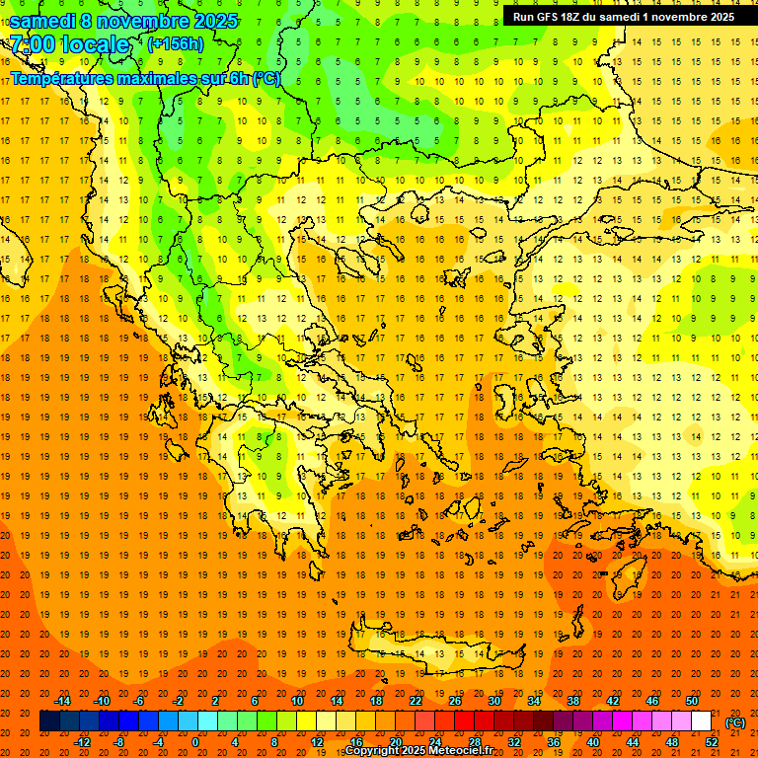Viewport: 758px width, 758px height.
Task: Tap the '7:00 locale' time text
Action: [70, 44]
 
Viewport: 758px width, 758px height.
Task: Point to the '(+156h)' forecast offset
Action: [176, 44]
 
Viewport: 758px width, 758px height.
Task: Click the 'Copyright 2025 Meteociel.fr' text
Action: [418, 751]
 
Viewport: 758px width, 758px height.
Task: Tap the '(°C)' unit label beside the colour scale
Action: [735, 722]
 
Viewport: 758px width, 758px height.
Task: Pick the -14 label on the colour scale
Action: [62, 701]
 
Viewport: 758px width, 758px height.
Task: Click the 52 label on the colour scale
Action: [711, 742]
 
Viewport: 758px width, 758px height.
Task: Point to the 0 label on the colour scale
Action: [194, 742]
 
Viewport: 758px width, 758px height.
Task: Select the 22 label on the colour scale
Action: [416, 701]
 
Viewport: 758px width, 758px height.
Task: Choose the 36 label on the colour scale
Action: [554, 742]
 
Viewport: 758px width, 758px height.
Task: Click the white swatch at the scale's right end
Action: [702, 721]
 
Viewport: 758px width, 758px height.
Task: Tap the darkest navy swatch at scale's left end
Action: [49, 721]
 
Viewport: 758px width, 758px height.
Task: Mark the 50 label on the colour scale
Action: [692, 701]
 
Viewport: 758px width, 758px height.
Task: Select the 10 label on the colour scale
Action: [297, 701]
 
